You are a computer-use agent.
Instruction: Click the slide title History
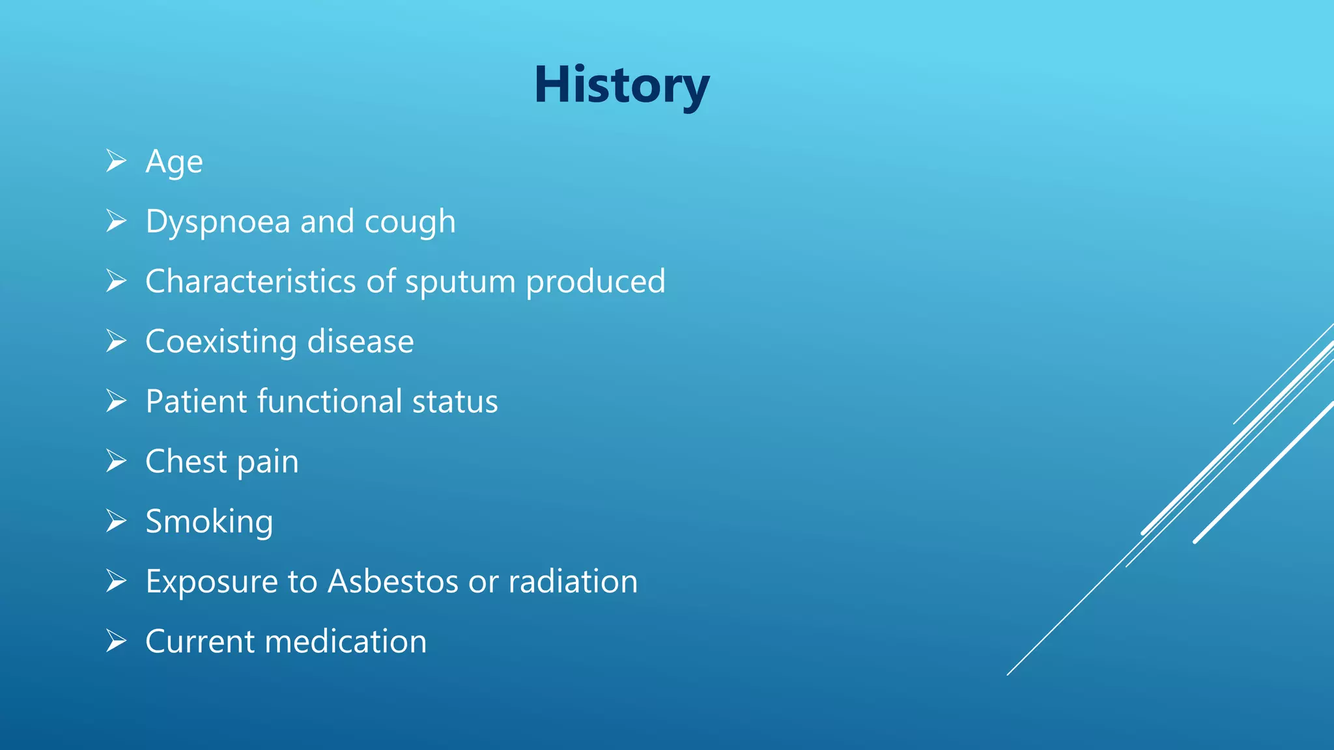tap(621, 85)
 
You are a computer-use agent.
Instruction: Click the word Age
tap(174, 161)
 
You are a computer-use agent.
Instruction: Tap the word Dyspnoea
tap(218, 222)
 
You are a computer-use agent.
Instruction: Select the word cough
tap(410, 222)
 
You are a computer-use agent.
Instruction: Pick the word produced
tap(595, 283)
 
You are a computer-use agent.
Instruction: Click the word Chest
tap(186, 462)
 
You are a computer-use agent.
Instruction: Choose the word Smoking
tap(209, 522)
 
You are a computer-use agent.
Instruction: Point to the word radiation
tap(573, 581)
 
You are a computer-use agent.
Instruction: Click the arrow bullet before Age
tap(116, 161)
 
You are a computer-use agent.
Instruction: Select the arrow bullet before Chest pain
tap(116, 461)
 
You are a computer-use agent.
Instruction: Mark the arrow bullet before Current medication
tap(116, 641)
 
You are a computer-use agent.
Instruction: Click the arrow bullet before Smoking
tap(116, 521)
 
